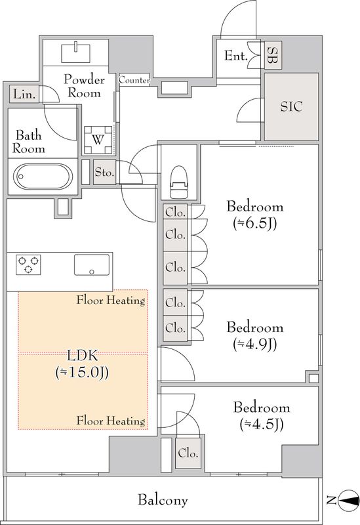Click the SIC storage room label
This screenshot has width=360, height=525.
coord(291,106)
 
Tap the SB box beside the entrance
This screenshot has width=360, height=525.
coord(273,55)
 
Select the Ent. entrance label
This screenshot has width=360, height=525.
coord(236,56)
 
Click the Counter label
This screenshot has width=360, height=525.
coord(134,80)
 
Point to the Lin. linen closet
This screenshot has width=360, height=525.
coord(24,94)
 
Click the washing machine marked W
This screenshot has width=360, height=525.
coord(98,139)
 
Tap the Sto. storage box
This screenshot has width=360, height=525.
coord(104,172)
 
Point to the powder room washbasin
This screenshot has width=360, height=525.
coord(76,52)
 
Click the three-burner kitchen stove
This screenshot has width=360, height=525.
coord(28,264)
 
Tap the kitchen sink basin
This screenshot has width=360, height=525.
coord(92,264)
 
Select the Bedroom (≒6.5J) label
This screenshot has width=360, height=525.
coord(255,215)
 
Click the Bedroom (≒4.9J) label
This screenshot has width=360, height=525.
coord(255,335)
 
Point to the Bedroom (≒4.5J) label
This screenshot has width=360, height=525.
coord(262,415)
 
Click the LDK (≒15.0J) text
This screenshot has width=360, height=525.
coord(83,364)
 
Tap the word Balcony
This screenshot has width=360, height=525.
coord(163,500)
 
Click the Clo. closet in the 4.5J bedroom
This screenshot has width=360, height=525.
coord(188,453)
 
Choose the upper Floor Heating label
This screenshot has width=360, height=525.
coord(111,300)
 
